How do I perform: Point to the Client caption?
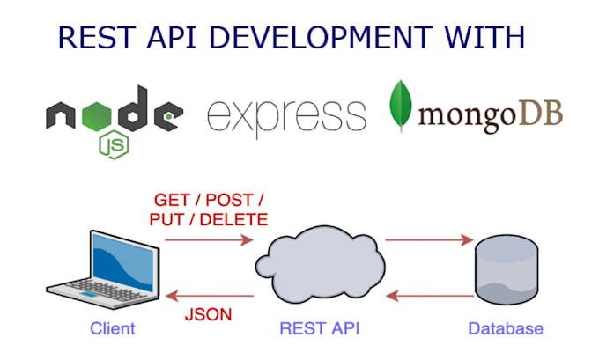112,329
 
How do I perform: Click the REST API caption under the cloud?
320,329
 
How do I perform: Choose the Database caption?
505,329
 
